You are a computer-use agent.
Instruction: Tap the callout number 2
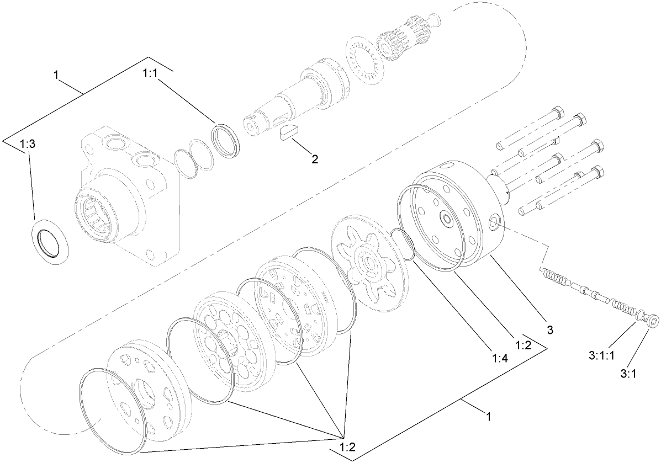pyautogui.click(x=314, y=159)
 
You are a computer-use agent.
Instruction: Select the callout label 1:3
pyautogui.click(x=28, y=145)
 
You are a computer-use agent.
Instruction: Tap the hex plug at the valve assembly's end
pyautogui.click(x=653, y=321)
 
